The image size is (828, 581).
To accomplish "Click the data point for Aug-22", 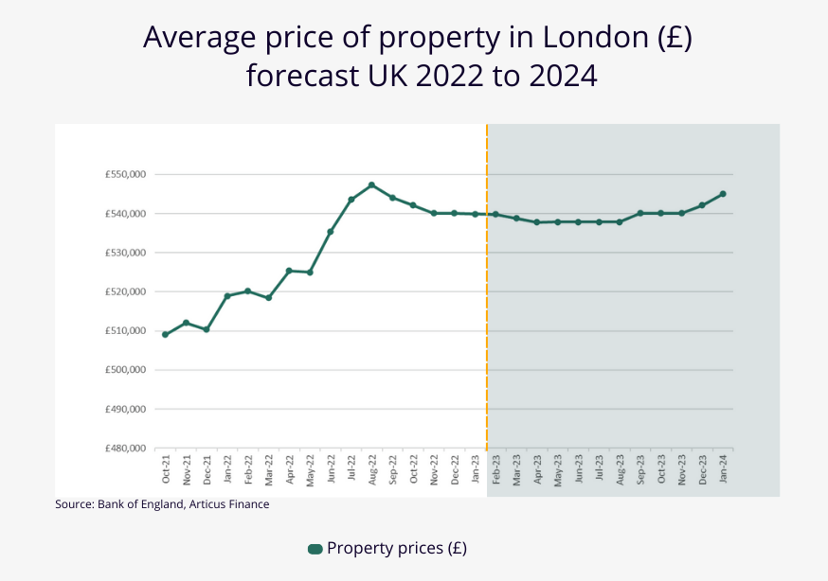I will pyautogui.click(x=371, y=185).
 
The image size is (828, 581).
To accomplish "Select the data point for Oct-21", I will pyautogui.click(x=165, y=334).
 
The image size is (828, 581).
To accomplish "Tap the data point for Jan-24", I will pyautogui.click(x=723, y=194).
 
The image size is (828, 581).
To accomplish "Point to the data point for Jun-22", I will pyautogui.click(x=331, y=232).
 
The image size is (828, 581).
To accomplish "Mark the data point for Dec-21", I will pyautogui.click(x=207, y=329).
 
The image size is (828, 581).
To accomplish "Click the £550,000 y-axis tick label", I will pyautogui.click(x=125, y=175).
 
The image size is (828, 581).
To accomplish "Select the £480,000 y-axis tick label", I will pyautogui.click(x=125, y=449).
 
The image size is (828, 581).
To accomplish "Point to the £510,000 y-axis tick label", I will pyautogui.click(x=125, y=331).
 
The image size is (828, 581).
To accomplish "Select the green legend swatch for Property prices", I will pyautogui.click(x=315, y=549).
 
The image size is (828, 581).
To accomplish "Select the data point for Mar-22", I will pyautogui.click(x=268, y=298).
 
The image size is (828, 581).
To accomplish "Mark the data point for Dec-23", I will pyautogui.click(x=702, y=205).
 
